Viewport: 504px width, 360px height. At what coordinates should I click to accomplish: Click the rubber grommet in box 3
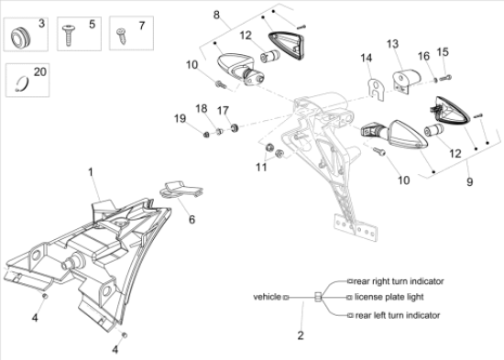coord(21,37)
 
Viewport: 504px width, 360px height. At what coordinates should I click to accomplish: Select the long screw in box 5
coord(69,36)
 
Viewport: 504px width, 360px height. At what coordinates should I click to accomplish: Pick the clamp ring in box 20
coord(22,83)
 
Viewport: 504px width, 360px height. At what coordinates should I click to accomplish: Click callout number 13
coord(392,44)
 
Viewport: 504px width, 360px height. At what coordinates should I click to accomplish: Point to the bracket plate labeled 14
coord(376,89)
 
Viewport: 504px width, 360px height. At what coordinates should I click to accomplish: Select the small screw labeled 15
coord(445,78)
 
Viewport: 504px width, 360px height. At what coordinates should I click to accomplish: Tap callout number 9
coord(469,182)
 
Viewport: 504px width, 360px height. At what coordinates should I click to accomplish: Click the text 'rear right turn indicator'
coord(399,281)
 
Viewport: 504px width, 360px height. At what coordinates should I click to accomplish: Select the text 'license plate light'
coord(389,297)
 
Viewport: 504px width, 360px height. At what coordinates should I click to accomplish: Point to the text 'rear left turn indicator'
coord(398,315)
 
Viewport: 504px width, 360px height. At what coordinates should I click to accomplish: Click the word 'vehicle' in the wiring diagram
coord(267,297)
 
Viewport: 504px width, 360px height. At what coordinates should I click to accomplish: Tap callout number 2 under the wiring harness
coord(301,335)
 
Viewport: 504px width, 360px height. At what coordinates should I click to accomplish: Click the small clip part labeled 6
coord(181,190)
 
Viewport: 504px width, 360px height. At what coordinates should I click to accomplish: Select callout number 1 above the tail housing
coord(91,172)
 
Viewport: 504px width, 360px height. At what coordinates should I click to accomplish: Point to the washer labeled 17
coord(235,127)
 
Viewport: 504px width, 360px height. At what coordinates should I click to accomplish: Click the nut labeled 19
coord(206,134)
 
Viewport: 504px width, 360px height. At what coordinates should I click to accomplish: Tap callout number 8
coord(216,15)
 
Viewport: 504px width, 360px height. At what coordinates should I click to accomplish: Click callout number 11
coord(261,167)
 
